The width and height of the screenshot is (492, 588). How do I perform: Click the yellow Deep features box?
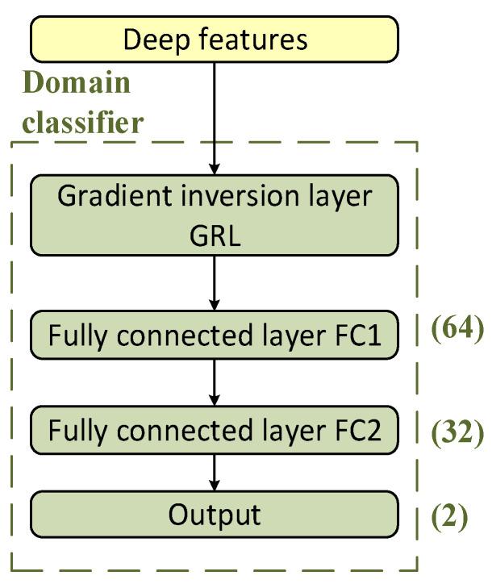(215, 40)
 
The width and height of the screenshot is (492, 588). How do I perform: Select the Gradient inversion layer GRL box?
(215, 215)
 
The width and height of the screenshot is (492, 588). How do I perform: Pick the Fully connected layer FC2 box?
(215, 432)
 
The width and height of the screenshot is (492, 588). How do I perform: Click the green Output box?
(215, 515)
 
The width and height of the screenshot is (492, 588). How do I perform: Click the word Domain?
(77, 82)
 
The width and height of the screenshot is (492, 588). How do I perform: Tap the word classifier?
(84, 123)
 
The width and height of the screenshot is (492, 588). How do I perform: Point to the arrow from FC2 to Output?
(215, 473)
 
